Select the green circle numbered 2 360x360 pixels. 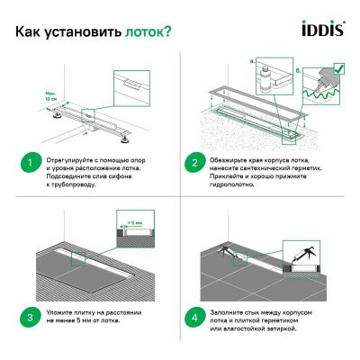coord(192,164)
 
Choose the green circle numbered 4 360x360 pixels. coord(192,317)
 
